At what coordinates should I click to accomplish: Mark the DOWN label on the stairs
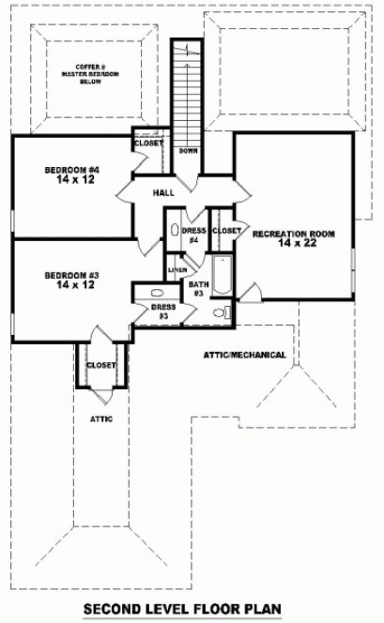(187, 151)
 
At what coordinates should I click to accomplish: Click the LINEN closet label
(177, 269)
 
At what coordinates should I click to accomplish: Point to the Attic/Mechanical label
(244, 356)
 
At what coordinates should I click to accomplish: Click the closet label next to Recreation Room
(226, 230)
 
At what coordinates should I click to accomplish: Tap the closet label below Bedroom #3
(100, 365)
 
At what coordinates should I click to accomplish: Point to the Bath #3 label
(198, 287)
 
